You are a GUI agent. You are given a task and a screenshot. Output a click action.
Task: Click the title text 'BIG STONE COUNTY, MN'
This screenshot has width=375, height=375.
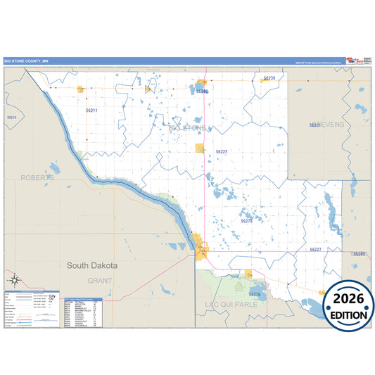coord(27,61)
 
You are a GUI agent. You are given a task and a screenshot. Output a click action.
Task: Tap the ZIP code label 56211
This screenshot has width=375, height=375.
coord(91,111)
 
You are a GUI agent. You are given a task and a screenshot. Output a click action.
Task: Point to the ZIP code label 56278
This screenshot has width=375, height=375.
coord(246,221)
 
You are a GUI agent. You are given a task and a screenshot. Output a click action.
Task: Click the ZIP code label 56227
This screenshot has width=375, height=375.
coord(315,250)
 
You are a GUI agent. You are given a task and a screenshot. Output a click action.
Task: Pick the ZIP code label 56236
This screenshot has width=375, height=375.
coord(269,78)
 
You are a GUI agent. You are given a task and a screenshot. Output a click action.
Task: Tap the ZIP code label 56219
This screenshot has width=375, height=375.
coord(11,117)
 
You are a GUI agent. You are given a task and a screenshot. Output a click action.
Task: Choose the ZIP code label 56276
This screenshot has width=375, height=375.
coord(255,294)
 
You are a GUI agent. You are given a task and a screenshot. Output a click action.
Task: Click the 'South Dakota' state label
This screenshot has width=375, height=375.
coord(92,266)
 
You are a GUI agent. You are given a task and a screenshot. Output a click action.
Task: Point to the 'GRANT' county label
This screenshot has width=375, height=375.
coord(100,281)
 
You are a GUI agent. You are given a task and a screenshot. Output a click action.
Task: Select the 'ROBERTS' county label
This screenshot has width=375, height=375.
coord(37,178)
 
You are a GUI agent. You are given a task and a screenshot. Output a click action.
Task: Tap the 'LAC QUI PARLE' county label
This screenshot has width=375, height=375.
coord(228,305)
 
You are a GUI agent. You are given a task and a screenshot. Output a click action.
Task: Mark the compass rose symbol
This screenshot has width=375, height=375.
coord(13,280)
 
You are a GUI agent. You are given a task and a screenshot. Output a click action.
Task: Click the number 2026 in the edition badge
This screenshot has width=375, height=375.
coord(349,300)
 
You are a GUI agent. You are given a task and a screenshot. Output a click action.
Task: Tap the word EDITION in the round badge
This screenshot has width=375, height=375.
coord(349,315)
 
